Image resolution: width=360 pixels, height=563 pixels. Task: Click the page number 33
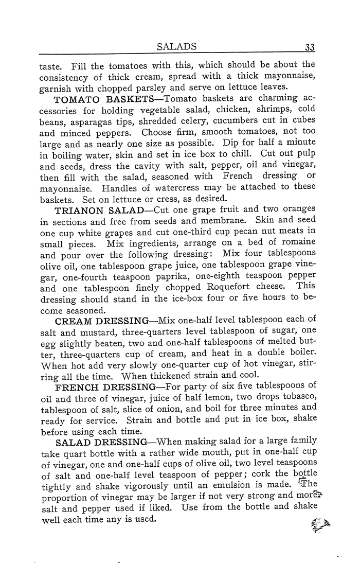[x=310, y=48]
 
